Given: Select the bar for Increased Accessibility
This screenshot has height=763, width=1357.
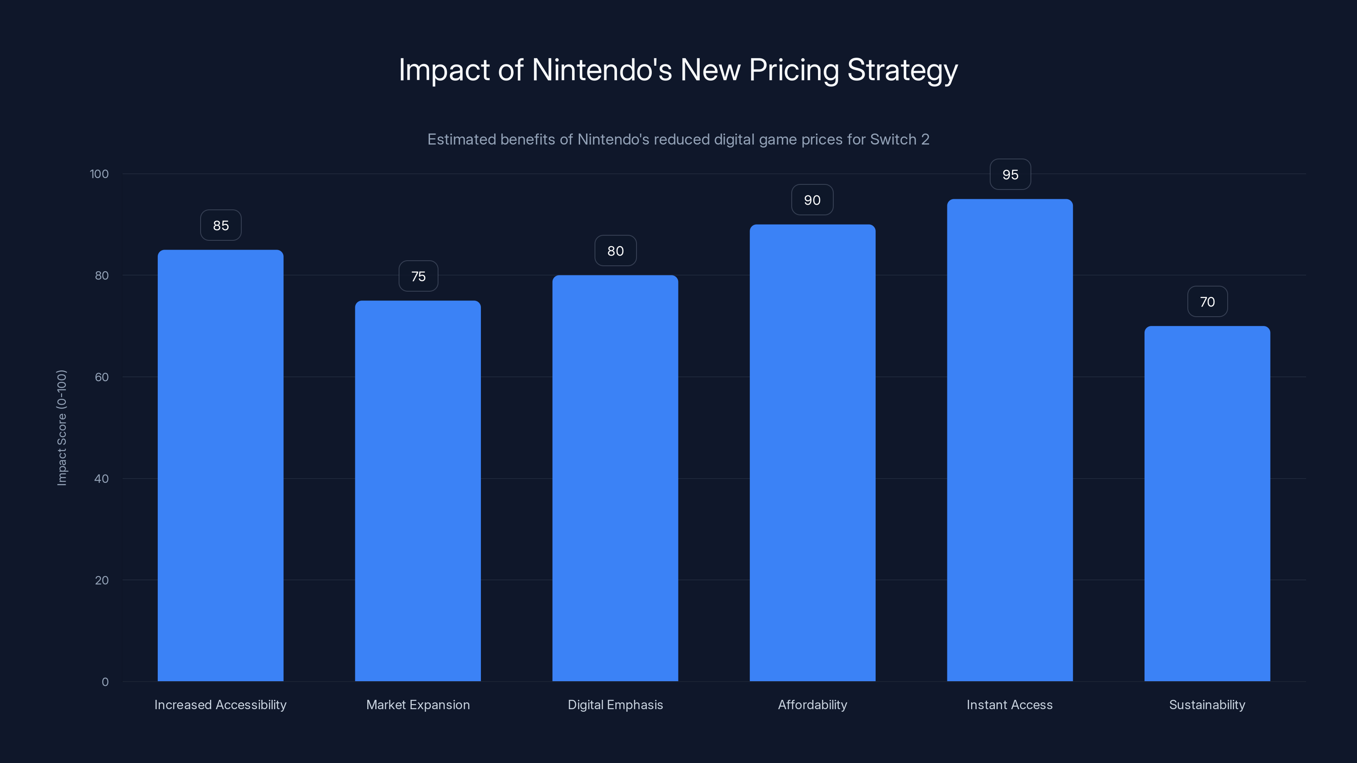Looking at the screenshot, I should (220, 465).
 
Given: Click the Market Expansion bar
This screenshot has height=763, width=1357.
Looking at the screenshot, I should (418, 491).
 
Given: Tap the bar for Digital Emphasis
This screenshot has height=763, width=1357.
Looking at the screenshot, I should (615, 478).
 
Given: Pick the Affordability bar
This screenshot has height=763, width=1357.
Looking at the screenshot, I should (813, 453).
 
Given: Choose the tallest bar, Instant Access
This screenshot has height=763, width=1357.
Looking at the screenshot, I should (1010, 440).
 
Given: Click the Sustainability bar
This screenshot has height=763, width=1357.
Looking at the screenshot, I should (1207, 504).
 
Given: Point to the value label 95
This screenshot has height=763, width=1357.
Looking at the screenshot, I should (1010, 174).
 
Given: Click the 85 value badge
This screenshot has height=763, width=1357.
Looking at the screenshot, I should (221, 226).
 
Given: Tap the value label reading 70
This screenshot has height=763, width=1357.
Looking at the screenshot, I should (1207, 302).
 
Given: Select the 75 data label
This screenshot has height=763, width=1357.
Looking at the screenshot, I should (418, 276).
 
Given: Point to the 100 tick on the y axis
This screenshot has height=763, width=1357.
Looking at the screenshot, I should (99, 174).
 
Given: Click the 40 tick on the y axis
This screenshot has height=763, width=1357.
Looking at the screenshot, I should (102, 479).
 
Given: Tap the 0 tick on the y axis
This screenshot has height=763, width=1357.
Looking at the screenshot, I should (105, 682).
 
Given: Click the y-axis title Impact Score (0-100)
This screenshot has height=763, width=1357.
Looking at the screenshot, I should (61, 428).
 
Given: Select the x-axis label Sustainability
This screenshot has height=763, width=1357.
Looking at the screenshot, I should (1207, 705).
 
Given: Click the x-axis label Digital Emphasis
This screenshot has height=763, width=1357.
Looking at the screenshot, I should (615, 705).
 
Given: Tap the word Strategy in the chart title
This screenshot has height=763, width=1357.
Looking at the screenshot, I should (902, 70).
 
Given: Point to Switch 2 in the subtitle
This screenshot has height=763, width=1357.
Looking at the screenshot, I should (899, 139).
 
